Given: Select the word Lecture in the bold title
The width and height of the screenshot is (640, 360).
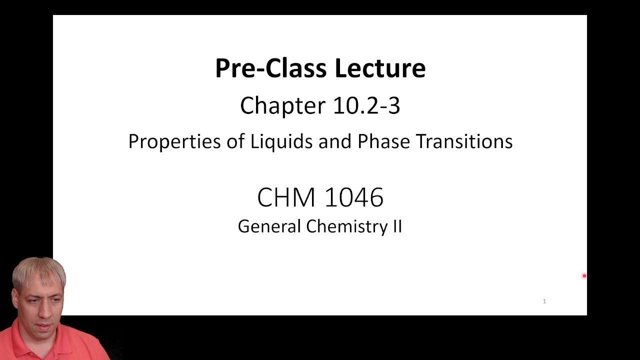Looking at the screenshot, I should point(380,68).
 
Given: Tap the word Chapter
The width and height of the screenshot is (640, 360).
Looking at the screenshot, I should point(283,106).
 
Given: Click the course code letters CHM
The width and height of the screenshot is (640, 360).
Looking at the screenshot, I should point(285,197).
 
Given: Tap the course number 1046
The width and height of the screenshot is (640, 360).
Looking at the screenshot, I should point(355,197).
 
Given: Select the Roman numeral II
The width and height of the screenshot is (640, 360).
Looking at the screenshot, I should point(396,226).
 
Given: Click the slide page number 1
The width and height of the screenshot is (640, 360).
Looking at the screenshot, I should point(544,301).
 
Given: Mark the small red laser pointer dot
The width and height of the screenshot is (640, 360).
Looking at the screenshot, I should point(584,275).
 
